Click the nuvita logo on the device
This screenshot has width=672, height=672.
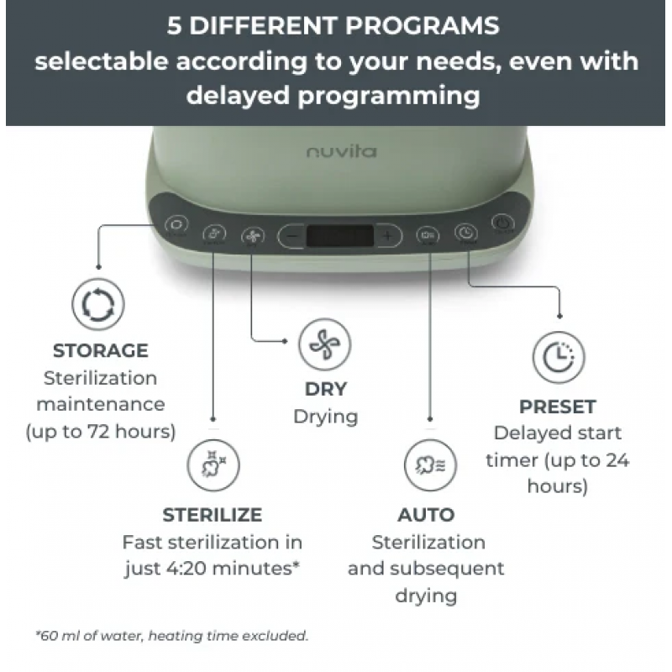click(342, 151)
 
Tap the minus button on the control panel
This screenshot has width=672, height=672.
click(292, 236)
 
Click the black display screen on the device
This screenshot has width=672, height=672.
click(340, 236)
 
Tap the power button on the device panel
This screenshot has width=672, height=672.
click(502, 223)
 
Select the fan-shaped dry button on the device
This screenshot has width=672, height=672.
click(253, 236)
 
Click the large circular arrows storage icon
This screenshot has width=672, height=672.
click(98, 304)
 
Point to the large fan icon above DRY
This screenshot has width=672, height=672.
click(325, 344)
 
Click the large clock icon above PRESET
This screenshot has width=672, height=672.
click(559, 356)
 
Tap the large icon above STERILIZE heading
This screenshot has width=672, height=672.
click(213, 465)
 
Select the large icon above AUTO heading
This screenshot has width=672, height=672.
click(430, 465)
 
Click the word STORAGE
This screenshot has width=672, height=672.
click(101, 350)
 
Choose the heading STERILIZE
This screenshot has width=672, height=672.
click(213, 515)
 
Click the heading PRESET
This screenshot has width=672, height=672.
click(558, 407)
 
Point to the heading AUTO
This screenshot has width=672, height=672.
click(426, 515)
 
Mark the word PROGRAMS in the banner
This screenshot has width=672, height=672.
click(423, 26)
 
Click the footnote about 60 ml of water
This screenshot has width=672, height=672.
click(172, 635)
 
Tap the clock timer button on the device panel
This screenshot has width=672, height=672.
click(466, 233)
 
